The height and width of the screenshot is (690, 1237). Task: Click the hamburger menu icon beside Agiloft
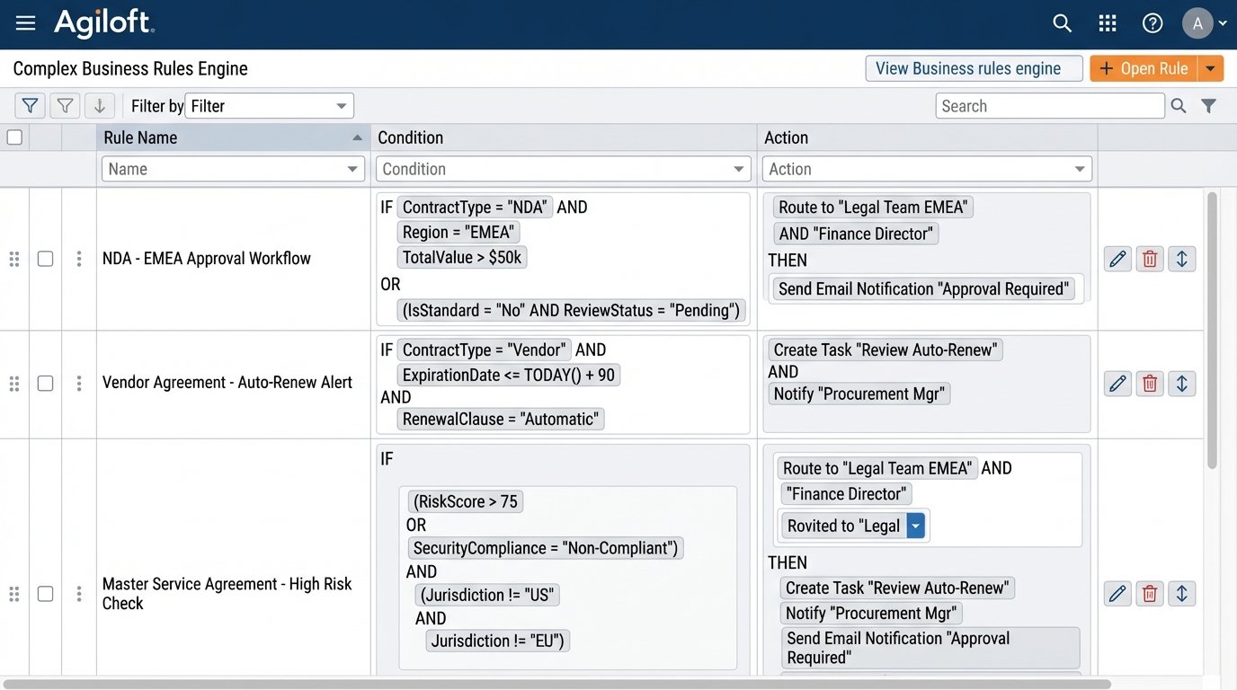[25, 23]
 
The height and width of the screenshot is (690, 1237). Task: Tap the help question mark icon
[1152, 23]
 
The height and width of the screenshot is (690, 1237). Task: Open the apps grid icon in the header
[1108, 23]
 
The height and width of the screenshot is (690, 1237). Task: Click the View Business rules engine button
[973, 68]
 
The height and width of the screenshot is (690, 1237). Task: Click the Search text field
[1049, 106]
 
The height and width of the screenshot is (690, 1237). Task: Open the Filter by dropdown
[269, 106]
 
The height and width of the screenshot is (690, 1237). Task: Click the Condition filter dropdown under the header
[564, 169]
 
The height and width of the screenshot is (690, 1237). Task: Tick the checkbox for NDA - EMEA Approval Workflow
[45, 259]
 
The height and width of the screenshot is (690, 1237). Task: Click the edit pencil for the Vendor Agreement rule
[1117, 384]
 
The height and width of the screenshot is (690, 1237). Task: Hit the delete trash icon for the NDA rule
[1149, 259]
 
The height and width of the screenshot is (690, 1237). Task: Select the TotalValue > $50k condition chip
[462, 258]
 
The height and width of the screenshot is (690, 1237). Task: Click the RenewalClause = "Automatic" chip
[501, 419]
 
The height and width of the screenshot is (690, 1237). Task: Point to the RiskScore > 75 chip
[465, 501]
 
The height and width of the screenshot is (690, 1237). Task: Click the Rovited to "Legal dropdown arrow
[915, 526]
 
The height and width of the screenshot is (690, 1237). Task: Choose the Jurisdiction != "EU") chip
[498, 641]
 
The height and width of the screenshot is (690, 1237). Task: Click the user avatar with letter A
[1197, 23]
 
